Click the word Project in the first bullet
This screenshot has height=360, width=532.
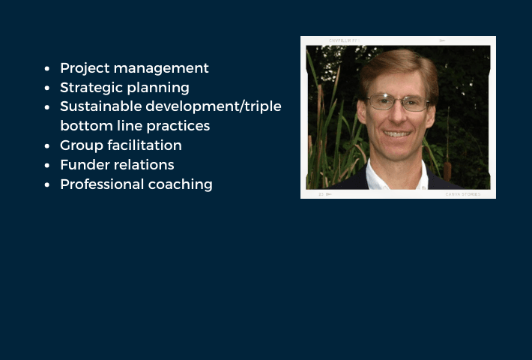(x=85, y=68)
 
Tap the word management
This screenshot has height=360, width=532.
(x=161, y=68)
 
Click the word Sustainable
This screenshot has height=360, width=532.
(x=100, y=106)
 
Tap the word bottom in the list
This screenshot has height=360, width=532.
(x=86, y=126)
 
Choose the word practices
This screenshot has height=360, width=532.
(x=178, y=126)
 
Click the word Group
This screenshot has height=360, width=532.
(x=82, y=145)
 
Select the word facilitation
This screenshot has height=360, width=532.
(x=145, y=145)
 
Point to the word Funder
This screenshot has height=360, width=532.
(x=85, y=165)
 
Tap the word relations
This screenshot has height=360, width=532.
(x=144, y=165)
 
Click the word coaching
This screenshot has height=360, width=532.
(x=181, y=184)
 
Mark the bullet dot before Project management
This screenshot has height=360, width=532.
(x=47, y=68)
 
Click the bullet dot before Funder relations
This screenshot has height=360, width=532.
(x=47, y=166)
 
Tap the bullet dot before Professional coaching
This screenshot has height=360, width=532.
(x=47, y=184)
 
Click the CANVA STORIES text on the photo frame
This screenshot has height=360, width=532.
(x=463, y=194)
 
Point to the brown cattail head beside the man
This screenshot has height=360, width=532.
(x=447, y=171)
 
